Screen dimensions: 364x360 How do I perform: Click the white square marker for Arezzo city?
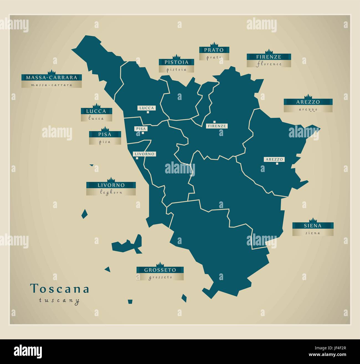pos(277,163)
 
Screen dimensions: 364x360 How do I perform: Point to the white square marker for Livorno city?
pos(137,158)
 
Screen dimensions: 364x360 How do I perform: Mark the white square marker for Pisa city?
pos(143,133)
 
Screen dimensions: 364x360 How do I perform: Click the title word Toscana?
pos(60,289)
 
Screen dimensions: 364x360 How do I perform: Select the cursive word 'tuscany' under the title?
pos(59,300)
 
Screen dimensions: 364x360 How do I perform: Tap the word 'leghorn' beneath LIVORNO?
pos(111,193)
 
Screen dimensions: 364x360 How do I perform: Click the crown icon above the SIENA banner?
pos(313,220)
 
